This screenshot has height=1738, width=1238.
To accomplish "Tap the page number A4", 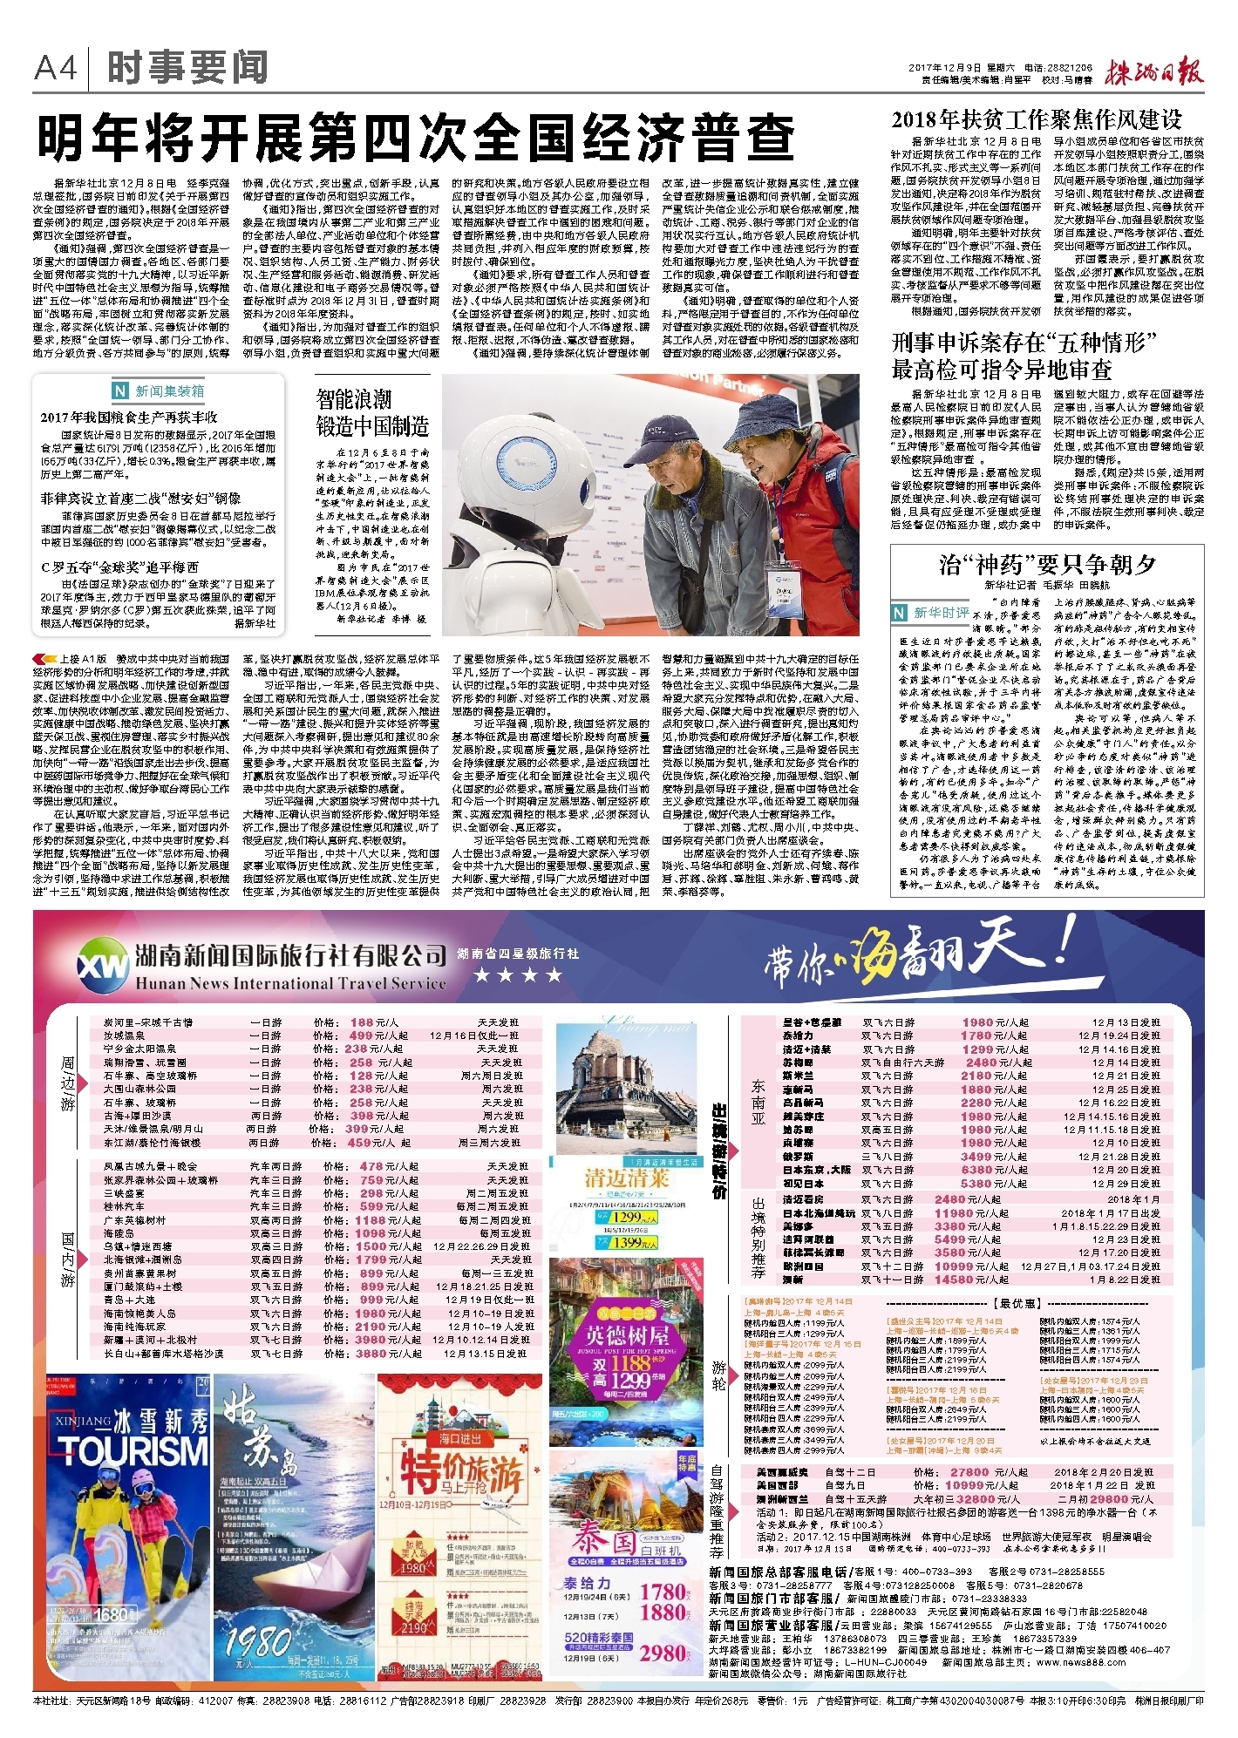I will point(56,68).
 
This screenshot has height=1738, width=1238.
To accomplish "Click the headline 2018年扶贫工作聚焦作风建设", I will point(1036,119).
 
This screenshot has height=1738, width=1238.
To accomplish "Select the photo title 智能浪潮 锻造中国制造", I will point(372,413).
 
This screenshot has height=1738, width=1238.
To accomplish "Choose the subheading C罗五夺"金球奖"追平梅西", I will point(119,567).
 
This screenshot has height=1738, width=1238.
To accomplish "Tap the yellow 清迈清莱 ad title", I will point(626,1178).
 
